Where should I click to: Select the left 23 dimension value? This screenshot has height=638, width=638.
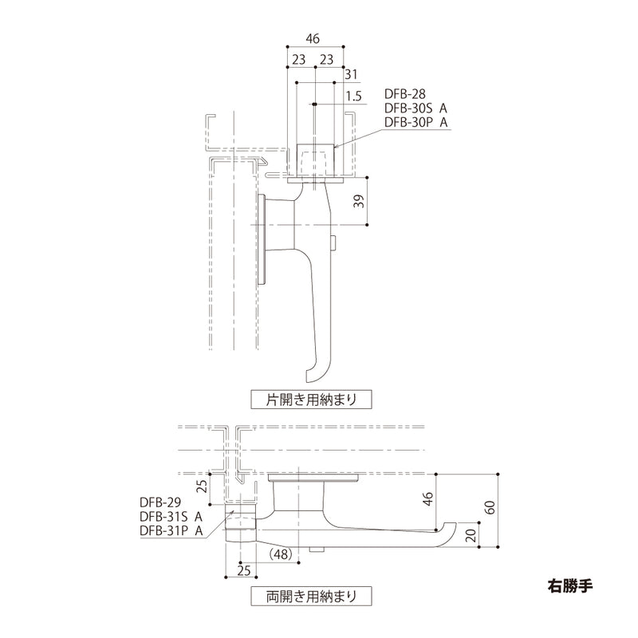298,58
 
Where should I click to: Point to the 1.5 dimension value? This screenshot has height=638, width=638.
354,96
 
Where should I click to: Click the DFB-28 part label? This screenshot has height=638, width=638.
406,96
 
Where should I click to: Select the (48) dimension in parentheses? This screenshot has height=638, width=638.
281,553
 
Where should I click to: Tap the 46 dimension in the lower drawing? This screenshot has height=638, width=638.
428,498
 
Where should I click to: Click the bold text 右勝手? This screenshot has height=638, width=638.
571,581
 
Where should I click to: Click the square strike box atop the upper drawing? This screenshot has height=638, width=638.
315,160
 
